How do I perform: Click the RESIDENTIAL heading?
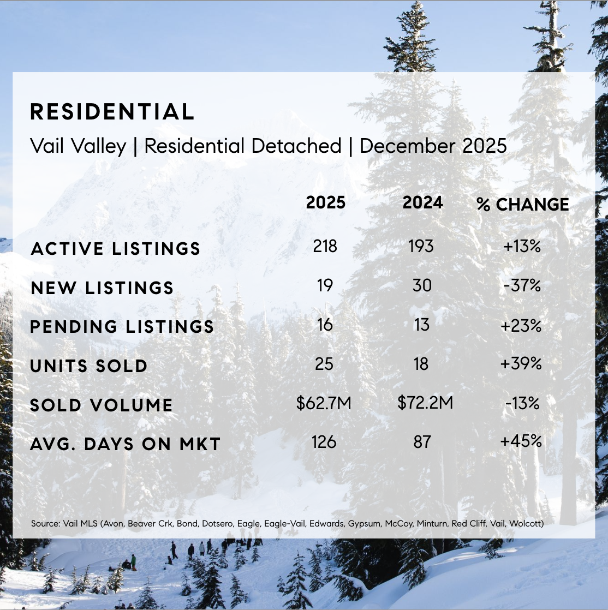112,112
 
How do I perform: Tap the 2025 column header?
325,203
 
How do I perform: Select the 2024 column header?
422,203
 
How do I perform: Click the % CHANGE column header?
522,205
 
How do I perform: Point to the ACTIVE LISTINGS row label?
116,249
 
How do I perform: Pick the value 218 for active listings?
325,247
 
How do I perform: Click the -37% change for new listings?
522,285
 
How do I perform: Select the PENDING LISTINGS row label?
122,327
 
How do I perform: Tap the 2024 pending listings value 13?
421,325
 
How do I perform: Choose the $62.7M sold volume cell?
324,403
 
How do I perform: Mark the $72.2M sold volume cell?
425,403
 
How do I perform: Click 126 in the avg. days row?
324,441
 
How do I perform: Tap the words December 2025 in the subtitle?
433,146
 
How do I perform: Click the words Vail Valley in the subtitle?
78,146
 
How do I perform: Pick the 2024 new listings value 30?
422,285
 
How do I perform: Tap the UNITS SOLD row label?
89,366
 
